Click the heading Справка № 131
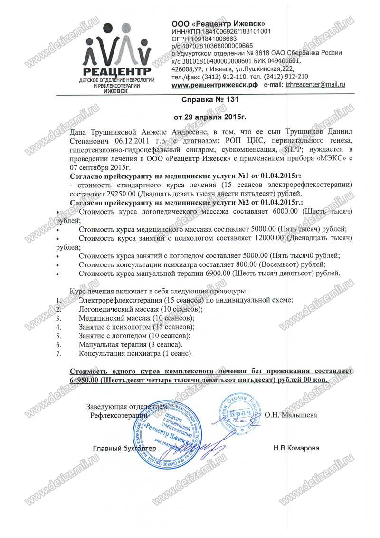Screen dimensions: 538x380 coord(207,100)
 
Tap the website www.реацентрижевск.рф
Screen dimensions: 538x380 coord(214,85)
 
